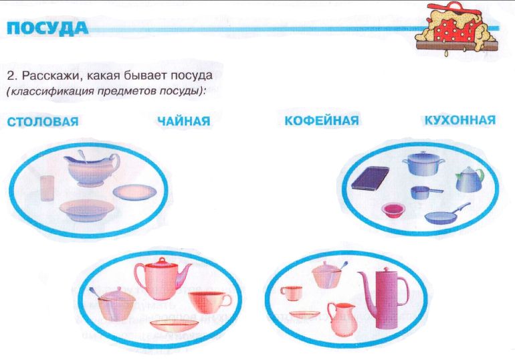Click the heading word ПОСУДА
(x=47, y=28)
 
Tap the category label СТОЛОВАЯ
(x=43, y=122)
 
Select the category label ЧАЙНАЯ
(x=184, y=120)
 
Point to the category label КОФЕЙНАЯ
(x=322, y=120)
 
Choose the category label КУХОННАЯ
(x=460, y=120)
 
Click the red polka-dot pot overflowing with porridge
(x=457, y=29)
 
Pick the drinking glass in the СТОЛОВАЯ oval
(x=47, y=188)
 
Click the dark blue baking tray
(x=370, y=179)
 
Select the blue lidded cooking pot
(x=423, y=163)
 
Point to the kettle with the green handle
(x=470, y=179)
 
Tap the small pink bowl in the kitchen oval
(x=393, y=211)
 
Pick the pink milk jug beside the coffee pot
(x=342, y=319)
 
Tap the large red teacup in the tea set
(x=209, y=302)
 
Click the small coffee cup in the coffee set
(x=292, y=293)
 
